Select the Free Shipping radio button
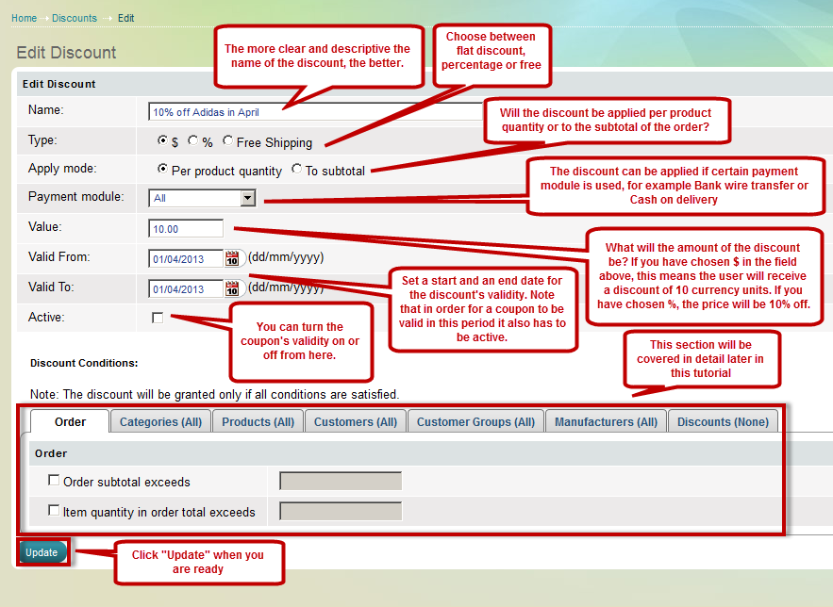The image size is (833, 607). (x=227, y=140)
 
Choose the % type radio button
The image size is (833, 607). (x=192, y=140)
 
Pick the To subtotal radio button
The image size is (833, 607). (x=296, y=169)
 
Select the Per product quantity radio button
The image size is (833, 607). (x=162, y=169)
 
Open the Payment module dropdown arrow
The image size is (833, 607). (x=247, y=199)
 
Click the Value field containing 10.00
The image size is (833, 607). (x=186, y=229)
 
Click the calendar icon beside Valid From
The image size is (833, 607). (x=232, y=259)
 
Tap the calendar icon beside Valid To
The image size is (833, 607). (x=232, y=288)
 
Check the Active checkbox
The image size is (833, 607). (x=158, y=318)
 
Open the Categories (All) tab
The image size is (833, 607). (x=160, y=422)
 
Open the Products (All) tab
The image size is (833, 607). (x=258, y=422)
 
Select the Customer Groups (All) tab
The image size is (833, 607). (x=475, y=422)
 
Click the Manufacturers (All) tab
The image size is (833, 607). (x=607, y=422)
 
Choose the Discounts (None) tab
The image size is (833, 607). (x=723, y=422)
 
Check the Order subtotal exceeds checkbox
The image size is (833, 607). (x=54, y=480)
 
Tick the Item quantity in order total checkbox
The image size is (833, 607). (x=54, y=511)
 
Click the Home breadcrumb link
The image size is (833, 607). (x=24, y=18)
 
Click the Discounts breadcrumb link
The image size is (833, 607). (x=75, y=18)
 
